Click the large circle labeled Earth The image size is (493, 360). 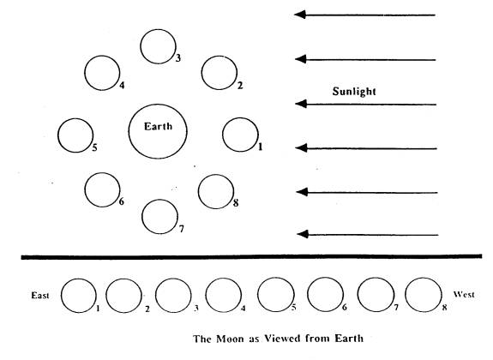129,131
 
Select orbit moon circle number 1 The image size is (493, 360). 223,135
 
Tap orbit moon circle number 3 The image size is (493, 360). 141,46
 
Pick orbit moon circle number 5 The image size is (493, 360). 57,135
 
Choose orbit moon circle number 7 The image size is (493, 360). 142,217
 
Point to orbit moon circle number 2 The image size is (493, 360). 201,73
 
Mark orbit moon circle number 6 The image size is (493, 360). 85,190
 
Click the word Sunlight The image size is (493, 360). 354,91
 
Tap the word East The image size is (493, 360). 40,295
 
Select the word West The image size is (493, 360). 464,294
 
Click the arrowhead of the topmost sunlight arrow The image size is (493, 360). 299,15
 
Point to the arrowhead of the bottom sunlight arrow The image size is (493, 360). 303,234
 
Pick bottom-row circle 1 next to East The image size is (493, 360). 61,296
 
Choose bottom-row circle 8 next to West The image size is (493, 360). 406,295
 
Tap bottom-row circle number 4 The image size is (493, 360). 206,295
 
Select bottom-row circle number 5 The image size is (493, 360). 258,295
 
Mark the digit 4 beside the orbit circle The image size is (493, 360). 122,85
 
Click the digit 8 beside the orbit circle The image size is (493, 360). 236,203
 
